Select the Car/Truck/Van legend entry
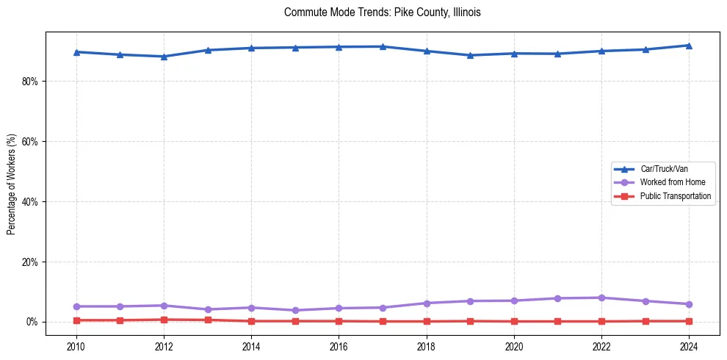[664, 169]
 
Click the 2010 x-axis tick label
[76, 346]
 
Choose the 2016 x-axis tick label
[339, 346]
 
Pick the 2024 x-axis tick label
[689, 346]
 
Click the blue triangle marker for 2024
[689, 46]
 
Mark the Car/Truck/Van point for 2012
[164, 57]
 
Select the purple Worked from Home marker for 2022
[601, 298]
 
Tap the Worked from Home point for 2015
[295, 310]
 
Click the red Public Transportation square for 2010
[76, 320]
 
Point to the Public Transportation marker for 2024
[689, 321]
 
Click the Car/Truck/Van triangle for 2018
[427, 51]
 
